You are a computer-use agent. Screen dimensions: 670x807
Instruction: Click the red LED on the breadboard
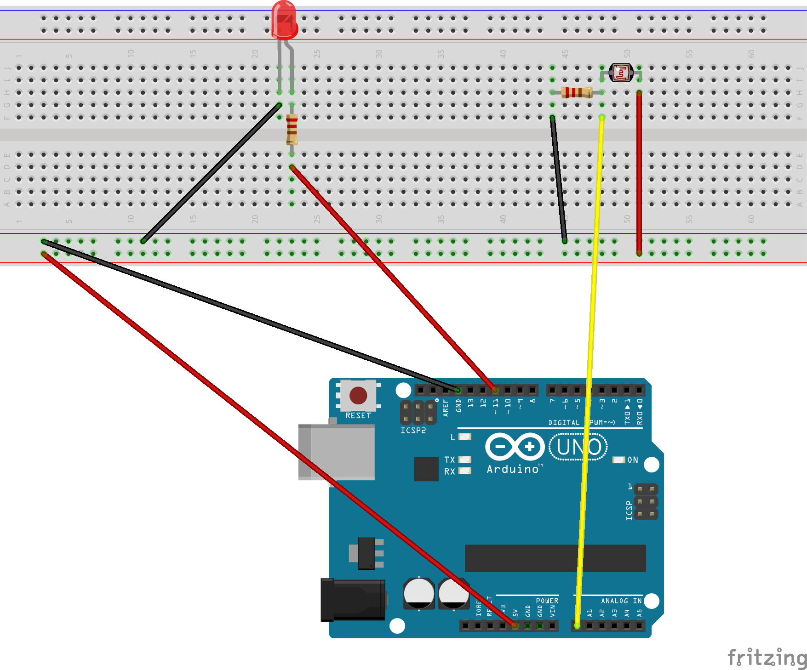[284, 20]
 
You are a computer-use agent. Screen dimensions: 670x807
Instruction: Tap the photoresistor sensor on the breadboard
[621, 73]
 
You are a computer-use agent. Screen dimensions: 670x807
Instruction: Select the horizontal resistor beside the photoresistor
[577, 92]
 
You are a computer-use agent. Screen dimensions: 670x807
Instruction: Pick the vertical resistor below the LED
[292, 129]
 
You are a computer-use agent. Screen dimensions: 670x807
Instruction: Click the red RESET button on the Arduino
[358, 395]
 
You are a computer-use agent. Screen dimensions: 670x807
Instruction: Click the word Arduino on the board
[513, 469]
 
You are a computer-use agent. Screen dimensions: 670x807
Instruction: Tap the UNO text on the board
[578, 447]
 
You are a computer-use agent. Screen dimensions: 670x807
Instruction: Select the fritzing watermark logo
[767, 658]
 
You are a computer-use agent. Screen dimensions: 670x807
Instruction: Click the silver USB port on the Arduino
[337, 452]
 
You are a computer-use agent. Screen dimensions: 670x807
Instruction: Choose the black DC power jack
[353, 600]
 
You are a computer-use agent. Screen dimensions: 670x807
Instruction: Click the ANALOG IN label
[621, 601]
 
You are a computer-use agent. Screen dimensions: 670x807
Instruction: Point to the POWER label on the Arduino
[547, 601]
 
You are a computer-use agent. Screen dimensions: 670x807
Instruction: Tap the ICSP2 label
[413, 431]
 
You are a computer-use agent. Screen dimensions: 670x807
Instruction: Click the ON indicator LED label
[633, 460]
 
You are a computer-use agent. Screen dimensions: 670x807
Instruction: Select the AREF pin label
[445, 408]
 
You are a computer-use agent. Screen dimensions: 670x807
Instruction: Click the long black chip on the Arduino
[555, 558]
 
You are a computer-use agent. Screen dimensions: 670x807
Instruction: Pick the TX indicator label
[449, 460]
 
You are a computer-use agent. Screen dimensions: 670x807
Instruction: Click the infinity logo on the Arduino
[515, 446]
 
